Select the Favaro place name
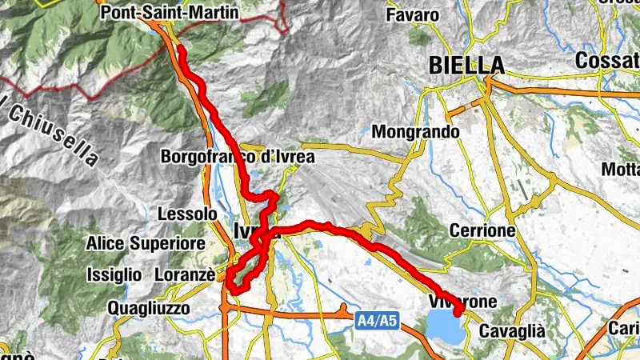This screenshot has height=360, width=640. (412, 15)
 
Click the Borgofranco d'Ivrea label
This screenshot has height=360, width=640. (238, 157)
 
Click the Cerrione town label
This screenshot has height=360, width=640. (482, 230)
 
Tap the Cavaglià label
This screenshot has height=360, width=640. (511, 330)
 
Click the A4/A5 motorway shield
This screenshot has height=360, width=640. (376, 321)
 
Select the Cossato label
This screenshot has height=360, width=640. (608, 60)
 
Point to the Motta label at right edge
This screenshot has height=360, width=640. (621, 170)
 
